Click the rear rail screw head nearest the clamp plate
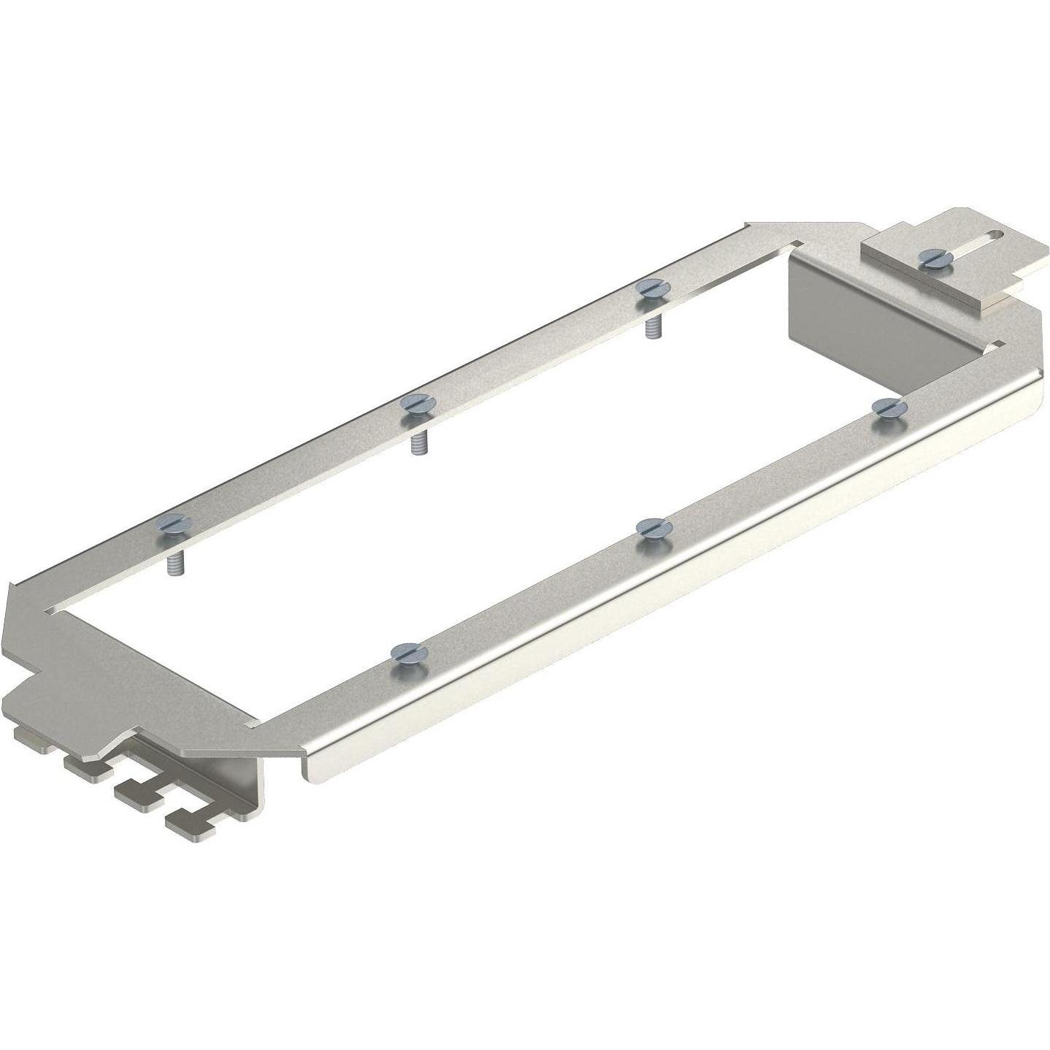[x=648, y=287]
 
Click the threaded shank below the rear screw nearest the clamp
[x=649, y=326]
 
